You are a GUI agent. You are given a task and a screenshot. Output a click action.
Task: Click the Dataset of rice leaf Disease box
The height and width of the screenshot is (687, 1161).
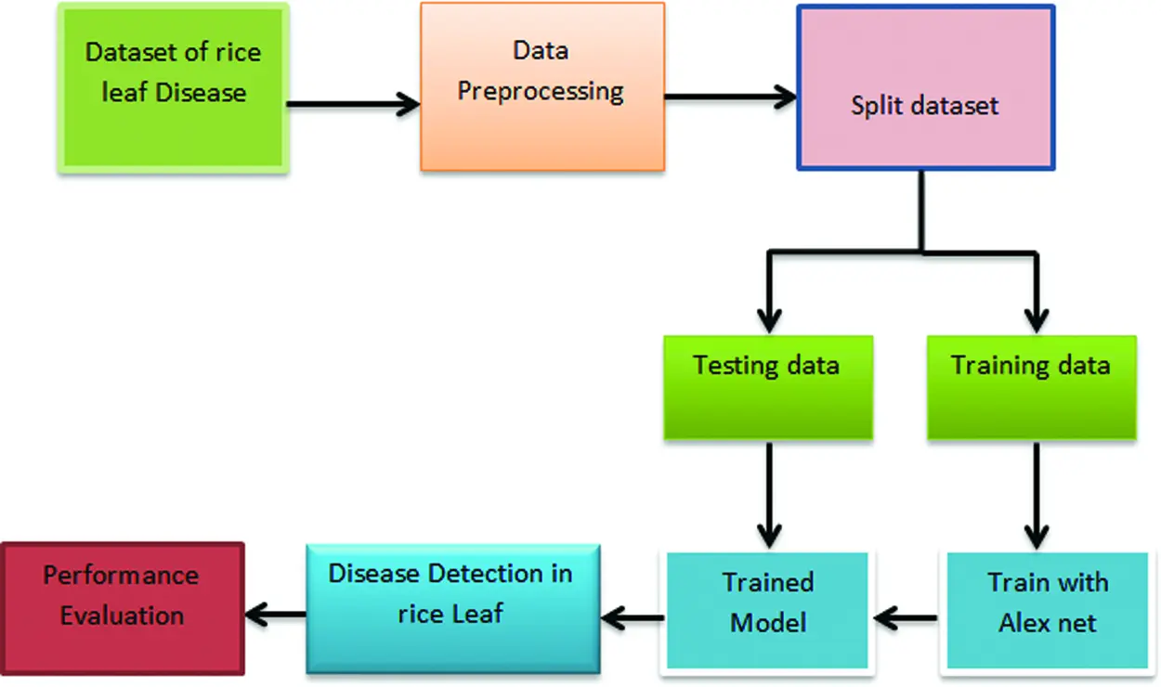[174, 88]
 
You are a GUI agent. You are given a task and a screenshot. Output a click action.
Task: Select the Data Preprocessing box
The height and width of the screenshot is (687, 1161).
[541, 86]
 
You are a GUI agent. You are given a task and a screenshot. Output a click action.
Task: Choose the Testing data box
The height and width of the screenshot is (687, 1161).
[767, 388]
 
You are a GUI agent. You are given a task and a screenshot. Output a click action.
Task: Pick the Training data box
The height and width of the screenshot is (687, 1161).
[1031, 388]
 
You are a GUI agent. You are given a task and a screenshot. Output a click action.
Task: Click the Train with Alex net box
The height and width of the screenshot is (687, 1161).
[1047, 611]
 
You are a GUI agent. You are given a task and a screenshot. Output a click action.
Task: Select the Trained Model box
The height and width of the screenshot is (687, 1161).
[767, 611]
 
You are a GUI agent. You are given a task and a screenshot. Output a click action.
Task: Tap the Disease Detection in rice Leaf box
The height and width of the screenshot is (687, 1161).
[452, 608]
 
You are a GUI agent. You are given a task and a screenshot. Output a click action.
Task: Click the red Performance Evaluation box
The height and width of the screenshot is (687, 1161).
[122, 608]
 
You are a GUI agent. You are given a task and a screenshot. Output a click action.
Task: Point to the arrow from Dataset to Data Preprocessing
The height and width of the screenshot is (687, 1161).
[353, 104]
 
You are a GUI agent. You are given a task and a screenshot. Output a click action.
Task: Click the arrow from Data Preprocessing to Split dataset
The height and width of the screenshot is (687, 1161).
[730, 97]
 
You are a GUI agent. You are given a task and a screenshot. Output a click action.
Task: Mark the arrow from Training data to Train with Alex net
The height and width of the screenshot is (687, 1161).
[1036, 492]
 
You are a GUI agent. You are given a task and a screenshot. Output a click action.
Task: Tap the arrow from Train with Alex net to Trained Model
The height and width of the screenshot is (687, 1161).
[906, 616]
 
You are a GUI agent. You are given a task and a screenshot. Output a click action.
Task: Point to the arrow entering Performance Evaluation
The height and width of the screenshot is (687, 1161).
[275, 613]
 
